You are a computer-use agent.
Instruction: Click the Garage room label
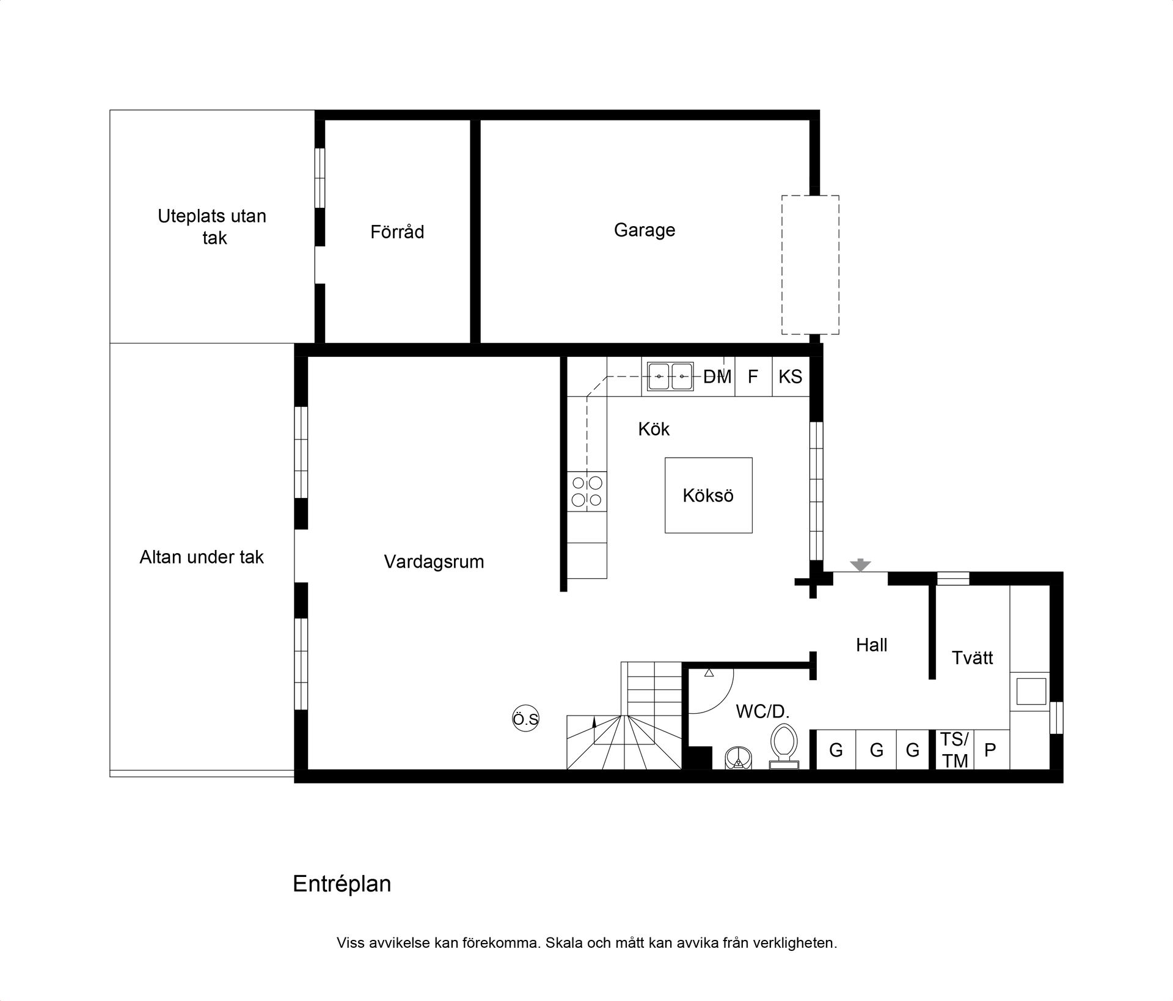645,230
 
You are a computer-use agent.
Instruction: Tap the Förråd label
397,232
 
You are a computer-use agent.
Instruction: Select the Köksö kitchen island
709,495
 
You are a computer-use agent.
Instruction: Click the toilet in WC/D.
784,746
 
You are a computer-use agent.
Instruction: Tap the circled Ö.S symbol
525,719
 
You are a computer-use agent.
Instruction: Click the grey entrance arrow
861,565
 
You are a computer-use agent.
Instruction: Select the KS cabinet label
791,376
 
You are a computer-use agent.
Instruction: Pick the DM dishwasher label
717,376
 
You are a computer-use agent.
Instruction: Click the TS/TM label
955,750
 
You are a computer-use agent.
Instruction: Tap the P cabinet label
990,750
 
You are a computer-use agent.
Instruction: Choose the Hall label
872,645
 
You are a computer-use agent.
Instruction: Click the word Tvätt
972,658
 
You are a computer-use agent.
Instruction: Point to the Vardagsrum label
434,562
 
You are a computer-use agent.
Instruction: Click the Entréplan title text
342,884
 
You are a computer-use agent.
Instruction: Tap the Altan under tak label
202,557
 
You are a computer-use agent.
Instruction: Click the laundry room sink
1031,691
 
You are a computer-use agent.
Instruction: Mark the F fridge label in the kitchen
753,376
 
